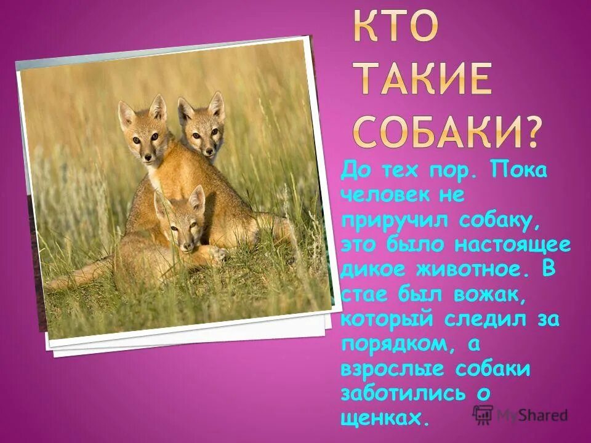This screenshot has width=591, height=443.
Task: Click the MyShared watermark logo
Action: (x=520, y=415)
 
